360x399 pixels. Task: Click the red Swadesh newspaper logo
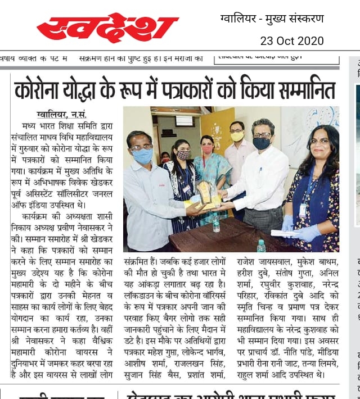click(107, 27)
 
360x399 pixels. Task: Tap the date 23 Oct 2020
click(291, 40)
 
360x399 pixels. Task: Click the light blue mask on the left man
click(143, 156)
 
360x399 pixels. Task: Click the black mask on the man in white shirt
click(261, 143)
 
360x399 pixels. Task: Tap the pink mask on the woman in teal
click(208, 149)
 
